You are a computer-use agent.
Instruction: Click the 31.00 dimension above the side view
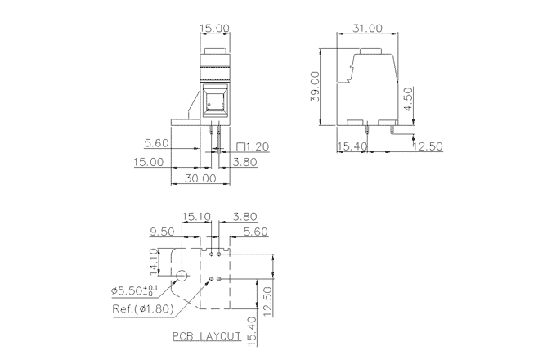pyautogui.click(x=367, y=28)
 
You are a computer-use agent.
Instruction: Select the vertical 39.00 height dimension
pyautogui.click(x=325, y=88)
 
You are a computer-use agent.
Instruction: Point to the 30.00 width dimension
pyautogui.click(x=199, y=177)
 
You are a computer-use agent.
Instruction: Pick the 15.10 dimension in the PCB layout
pyautogui.click(x=196, y=217)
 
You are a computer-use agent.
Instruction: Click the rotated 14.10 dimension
pyautogui.click(x=154, y=263)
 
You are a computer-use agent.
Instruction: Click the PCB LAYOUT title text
pyautogui.click(x=206, y=336)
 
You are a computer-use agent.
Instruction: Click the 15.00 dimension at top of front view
pyautogui.click(x=215, y=28)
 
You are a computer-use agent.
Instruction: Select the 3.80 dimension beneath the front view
pyautogui.click(x=245, y=162)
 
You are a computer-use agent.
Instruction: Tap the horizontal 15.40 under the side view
pyautogui.click(x=352, y=147)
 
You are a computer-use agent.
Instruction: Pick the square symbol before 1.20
pyautogui.click(x=241, y=147)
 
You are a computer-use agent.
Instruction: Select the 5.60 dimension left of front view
pyautogui.click(x=157, y=143)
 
